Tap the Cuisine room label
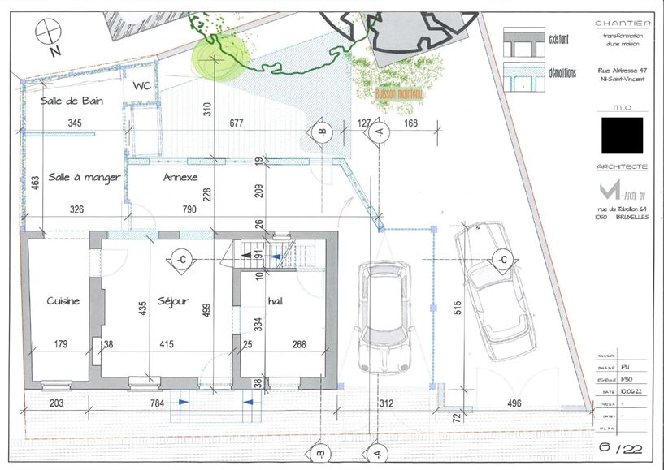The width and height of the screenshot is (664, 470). click(x=63, y=301)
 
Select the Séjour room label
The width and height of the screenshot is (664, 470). click(x=173, y=301)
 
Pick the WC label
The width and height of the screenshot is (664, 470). click(x=142, y=86)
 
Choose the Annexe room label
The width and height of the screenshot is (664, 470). click(x=180, y=177)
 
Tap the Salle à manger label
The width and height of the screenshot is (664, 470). click(x=85, y=177)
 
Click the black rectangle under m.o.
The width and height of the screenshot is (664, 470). click(x=622, y=135)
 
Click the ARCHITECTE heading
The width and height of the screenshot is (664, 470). click(x=622, y=166)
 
